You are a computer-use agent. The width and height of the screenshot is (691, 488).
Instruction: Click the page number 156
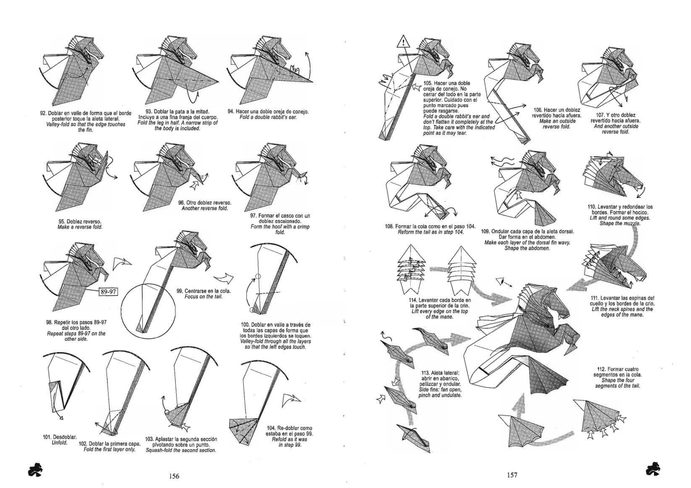pyautogui.click(x=174, y=476)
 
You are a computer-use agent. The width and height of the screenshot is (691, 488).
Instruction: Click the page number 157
pyautogui.click(x=512, y=475)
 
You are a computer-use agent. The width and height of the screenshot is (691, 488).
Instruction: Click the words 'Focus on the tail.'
pyautogui.click(x=203, y=297)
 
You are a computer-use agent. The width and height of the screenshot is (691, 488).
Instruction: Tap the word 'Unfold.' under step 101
pyautogui.click(x=60, y=443)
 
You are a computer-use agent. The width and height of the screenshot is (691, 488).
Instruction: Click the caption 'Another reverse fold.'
pyautogui.click(x=205, y=208)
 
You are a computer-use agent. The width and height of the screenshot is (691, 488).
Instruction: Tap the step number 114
pyautogui.click(x=413, y=300)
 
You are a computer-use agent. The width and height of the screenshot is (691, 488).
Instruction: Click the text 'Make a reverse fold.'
pyautogui.click(x=80, y=227)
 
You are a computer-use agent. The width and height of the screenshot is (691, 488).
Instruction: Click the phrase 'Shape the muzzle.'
pyautogui.click(x=620, y=224)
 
